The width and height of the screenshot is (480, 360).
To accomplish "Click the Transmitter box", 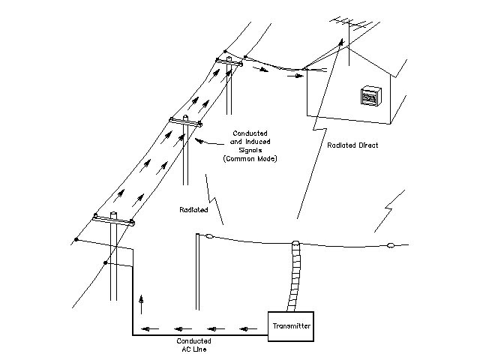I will [290, 328].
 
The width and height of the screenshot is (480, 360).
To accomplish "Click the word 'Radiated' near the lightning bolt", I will [195, 209].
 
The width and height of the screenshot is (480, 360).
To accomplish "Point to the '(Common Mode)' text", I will [245, 159].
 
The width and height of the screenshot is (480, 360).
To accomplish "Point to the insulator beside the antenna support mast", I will [209, 237].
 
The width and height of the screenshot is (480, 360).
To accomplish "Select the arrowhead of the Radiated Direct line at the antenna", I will [342, 42].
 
